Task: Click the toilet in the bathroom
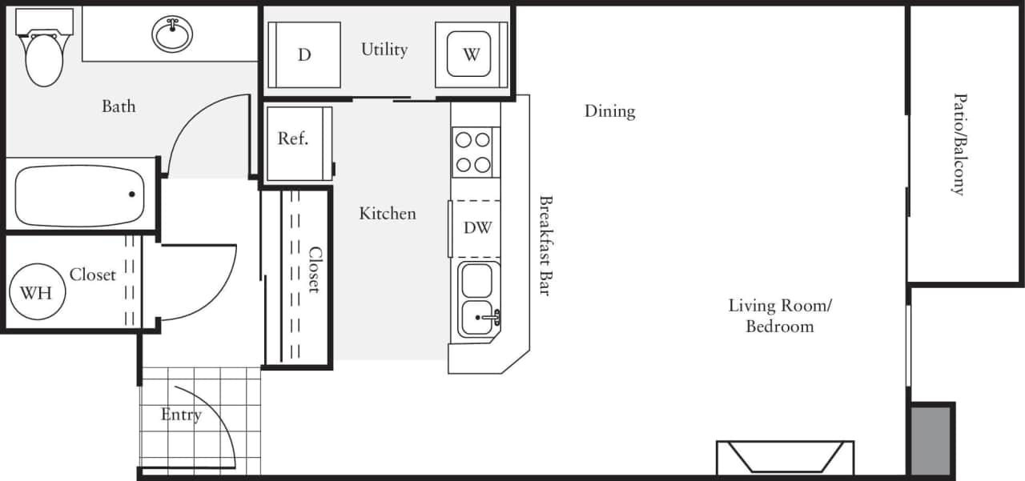pos(44,56)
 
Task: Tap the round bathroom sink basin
pos(172,34)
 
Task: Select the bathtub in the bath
pos(78,195)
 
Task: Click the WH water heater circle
pos(36,292)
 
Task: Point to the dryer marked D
pos(304,54)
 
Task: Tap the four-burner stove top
pos(472,153)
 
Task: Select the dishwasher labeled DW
pos(477,227)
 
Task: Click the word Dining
pos(609,111)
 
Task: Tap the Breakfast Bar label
pos(545,246)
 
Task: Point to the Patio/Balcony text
pos(958,144)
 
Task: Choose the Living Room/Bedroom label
pos(780,315)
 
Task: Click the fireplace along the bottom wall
pos(785,458)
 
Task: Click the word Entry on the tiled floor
pos(181,415)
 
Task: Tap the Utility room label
pos(384,50)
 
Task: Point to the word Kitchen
pos(388,214)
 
